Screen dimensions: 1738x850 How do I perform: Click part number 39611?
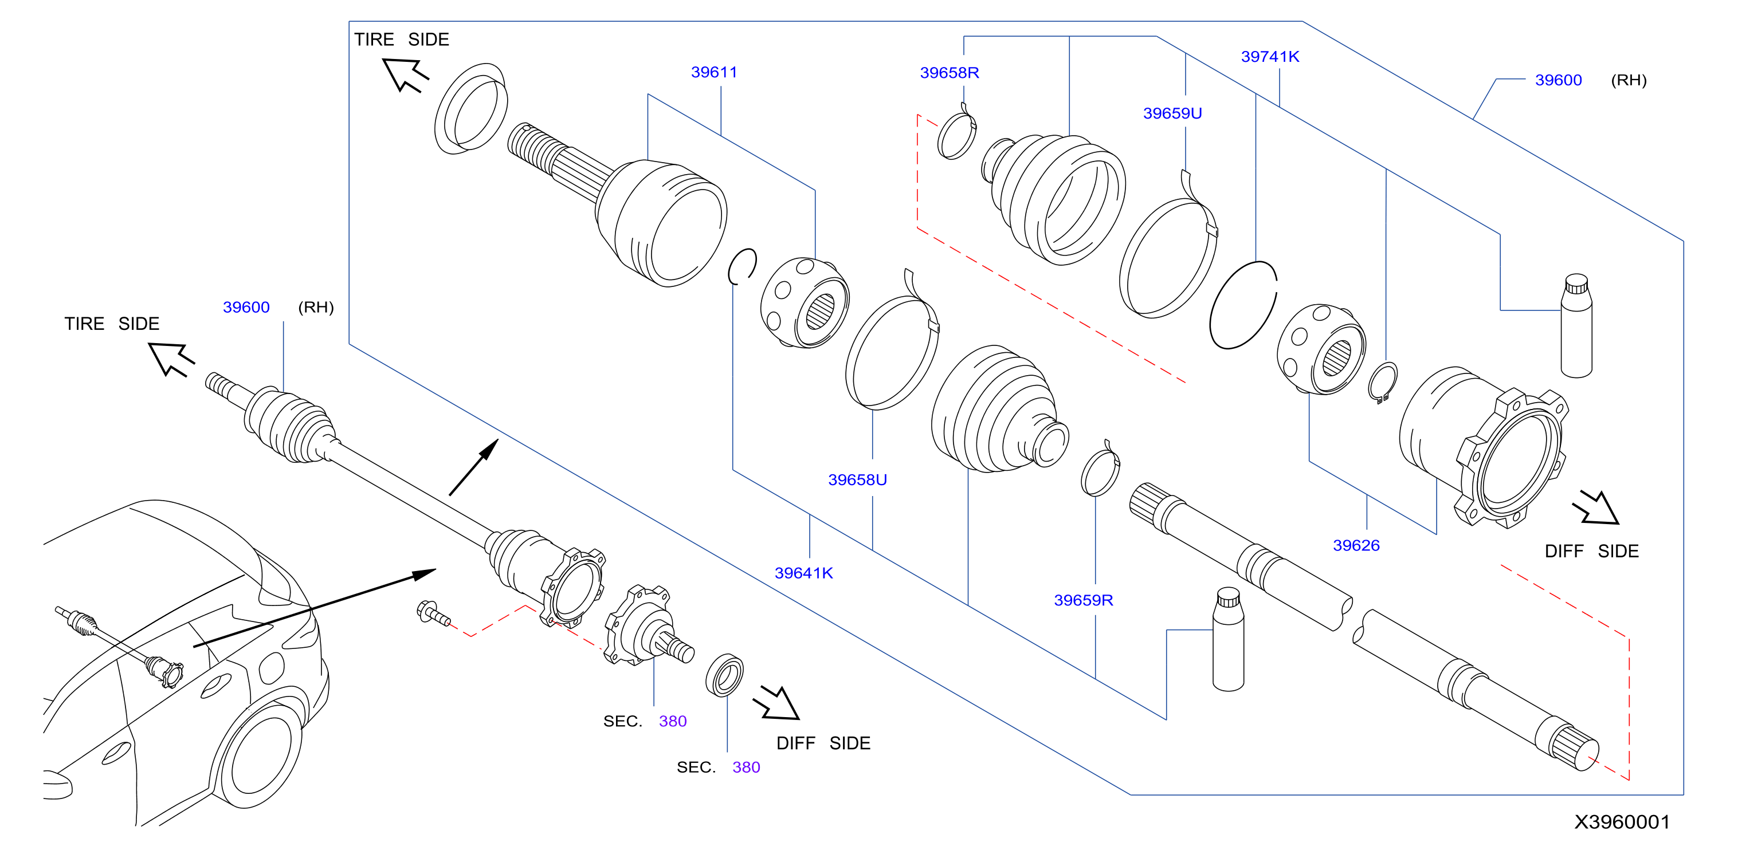714,72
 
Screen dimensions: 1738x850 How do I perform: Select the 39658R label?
950,73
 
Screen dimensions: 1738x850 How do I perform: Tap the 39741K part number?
1270,57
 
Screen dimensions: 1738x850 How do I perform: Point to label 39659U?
1172,113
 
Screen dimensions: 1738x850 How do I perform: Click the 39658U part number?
857,479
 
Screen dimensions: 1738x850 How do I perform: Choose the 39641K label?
803,573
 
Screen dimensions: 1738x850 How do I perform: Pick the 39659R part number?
1083,600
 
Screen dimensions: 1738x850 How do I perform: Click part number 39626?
1356,545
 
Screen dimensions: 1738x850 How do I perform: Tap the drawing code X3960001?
1622,822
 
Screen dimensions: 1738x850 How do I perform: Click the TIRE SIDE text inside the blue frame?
402,39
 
